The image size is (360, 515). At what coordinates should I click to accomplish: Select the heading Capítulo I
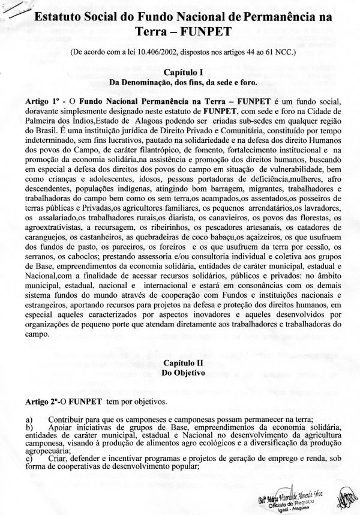(x=179, y=71)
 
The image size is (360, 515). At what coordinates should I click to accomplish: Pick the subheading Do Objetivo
(x=179, y=372)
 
